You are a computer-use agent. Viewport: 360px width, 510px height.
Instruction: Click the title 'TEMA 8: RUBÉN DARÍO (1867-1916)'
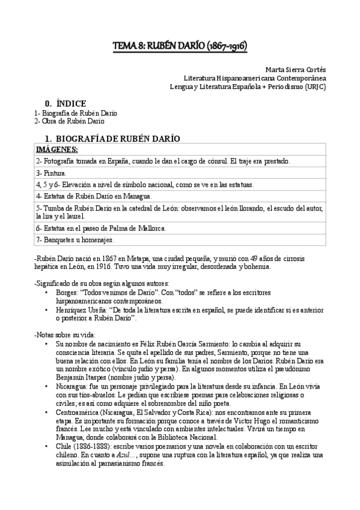pyautogui.click(x=180, y=46)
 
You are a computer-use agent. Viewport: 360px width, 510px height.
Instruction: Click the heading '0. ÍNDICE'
pyautogui.click(x=61, y=103)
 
